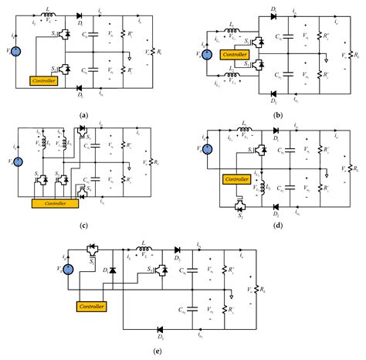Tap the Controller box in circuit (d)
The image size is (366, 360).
coord(236,179)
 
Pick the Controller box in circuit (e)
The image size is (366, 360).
coord(90,307)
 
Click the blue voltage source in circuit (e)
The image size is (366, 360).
coord(68,270)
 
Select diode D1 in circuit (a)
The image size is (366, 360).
coord(80,16)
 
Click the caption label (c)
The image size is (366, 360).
coord(82,226)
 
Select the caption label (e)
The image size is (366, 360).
coord(180,352)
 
